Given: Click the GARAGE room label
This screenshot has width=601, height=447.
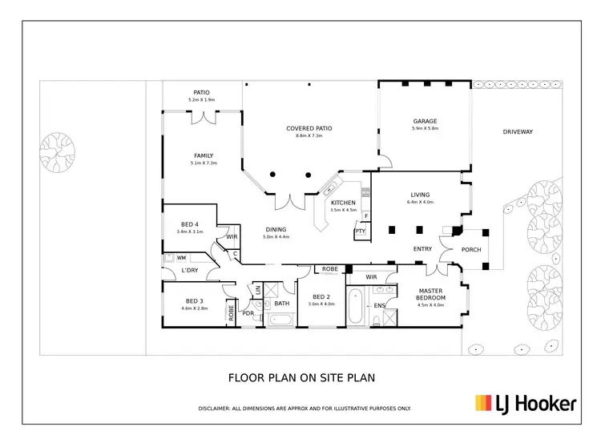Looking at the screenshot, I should (x=425, y=121).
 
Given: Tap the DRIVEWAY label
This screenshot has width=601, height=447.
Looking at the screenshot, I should (x=518, y=131).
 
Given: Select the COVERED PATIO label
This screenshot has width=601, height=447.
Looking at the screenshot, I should (x=309, y=128).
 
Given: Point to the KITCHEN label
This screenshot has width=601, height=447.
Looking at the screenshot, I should (x=344, y=203).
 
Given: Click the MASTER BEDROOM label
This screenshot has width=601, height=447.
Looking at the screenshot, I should (x=430, y=294).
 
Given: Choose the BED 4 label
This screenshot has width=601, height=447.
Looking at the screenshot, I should (x=190, y=223).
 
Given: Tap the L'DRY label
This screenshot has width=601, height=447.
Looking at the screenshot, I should (x=190, y=271).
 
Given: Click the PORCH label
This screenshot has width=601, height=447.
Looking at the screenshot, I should (x=472, y=249).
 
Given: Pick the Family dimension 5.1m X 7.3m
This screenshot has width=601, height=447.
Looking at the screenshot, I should (x=204, y=163).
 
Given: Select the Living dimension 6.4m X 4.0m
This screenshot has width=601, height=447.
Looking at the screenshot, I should (x=420, y=202).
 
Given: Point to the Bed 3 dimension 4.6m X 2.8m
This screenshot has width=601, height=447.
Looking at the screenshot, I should (x=195, y=308).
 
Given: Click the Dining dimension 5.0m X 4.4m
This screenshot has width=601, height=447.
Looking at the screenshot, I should (x=276, y=237).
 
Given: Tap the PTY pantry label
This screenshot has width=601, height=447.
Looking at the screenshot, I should (x=359, y=232).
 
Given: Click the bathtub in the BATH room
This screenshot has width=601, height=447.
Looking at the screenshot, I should (x=281, y=319).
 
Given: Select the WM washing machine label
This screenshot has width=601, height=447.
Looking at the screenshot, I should (x=182, y=257).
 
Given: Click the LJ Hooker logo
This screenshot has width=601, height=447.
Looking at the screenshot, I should (x=526, y=403).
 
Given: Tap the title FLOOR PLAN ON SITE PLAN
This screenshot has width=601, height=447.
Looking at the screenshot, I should (x=302, y=377).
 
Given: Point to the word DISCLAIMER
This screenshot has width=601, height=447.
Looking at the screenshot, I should (x=217, y=409).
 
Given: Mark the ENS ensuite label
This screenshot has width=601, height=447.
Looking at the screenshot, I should (x=380, y=305).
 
